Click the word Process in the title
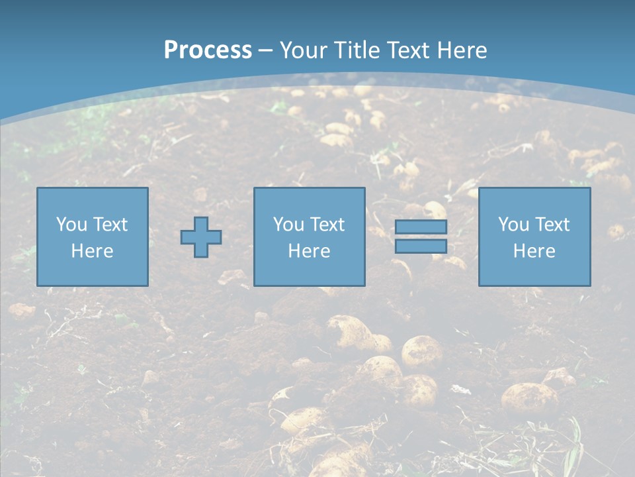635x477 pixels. [208, 50]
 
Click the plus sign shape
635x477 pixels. [201, 237]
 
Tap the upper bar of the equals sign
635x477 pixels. [421, 227]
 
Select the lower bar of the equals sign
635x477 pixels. [421, 246]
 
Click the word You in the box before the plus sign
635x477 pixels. [71, 225]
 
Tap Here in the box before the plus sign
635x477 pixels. [92, 251]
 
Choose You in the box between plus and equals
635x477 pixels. [288, 225]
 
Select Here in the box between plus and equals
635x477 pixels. [309, 251]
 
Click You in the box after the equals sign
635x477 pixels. [513, 225]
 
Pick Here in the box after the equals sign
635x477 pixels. [534, 251]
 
